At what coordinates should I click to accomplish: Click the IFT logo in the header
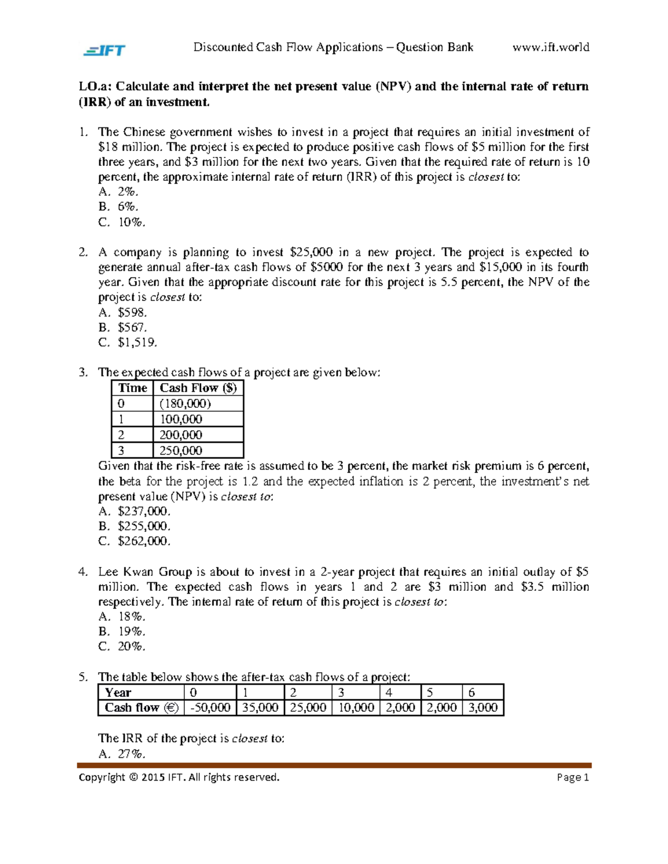pos(105,51)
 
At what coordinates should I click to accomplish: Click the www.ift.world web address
pos(551,47)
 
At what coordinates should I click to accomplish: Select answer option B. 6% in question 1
pos(119,207)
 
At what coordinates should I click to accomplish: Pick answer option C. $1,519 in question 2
pos(128,343)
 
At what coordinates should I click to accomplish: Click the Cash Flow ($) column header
pos(198,388)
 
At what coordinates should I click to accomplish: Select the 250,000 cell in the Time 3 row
pos(181,450)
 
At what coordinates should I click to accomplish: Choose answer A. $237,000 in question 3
pos(134,511)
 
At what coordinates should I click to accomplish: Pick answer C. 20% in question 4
pos(122,646)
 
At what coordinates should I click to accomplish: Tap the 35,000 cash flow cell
pos(259,708)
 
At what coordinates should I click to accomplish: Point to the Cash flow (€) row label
pos(141,708)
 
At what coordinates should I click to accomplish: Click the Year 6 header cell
pos(482,693)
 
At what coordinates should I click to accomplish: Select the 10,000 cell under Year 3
pos(356,708)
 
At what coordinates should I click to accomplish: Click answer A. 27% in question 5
pos(122,754)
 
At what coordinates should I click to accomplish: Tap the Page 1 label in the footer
pos(572,777)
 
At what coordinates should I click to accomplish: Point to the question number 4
pos(83,572)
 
